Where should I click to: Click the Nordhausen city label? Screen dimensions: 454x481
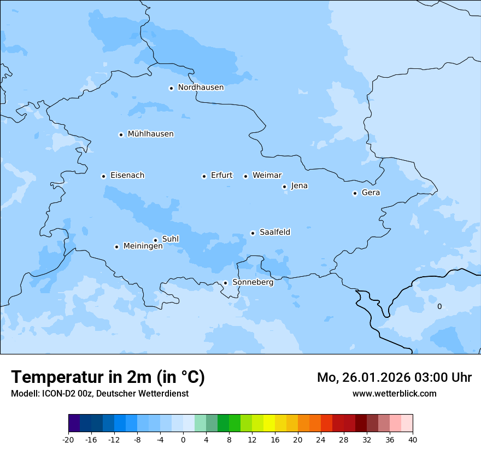coord(201,88)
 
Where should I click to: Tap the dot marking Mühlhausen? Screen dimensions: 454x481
coord(121,135)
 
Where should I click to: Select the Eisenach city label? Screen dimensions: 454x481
coord(127,176)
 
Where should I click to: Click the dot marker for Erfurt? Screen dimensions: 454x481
coord(204,176)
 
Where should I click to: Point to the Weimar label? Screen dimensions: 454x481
coord(267,176)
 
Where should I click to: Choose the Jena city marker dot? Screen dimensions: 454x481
coord(284,187)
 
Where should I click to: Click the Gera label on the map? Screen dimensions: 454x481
coord(371,193)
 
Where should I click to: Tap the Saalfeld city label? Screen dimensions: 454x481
coord(275,232)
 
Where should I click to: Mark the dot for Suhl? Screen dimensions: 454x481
coord(155,240)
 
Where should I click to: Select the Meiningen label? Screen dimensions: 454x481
coord(143,246)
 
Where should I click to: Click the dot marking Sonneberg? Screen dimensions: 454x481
coord(225,283)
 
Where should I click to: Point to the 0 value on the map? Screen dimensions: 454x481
coord(439,307)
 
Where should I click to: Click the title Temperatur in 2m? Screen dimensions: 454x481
coord(108,377)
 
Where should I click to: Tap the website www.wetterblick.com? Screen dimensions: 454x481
coord(394,393)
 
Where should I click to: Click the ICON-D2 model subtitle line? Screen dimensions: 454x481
coord(99,393)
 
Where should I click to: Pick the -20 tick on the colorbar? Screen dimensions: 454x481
coord(68,439)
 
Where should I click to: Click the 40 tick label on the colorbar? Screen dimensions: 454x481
coord(412,439)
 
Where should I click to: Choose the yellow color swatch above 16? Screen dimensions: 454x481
coord(269,423)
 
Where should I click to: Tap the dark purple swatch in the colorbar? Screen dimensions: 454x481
coord(74,423)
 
